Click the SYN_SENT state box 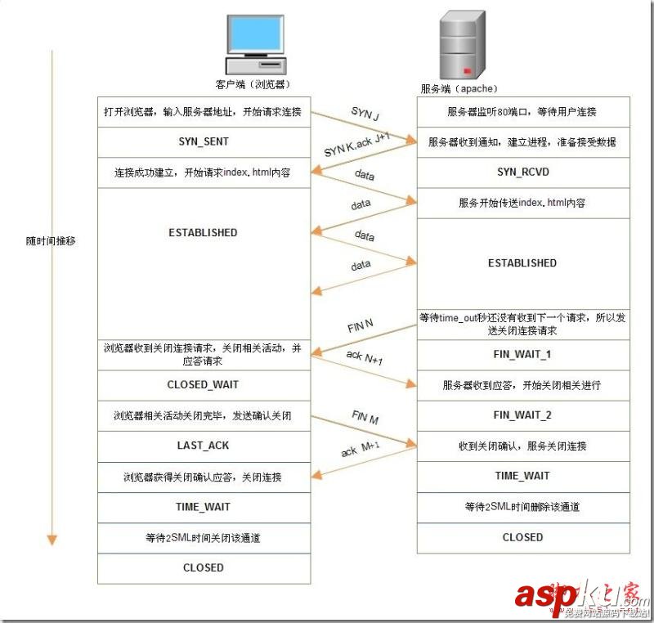click(204, 141)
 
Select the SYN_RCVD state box click(522, 173)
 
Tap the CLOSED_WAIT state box click(203, 384)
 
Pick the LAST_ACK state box click(203, 446)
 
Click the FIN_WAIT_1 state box click(523, 355)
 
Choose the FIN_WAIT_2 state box click(523, 415)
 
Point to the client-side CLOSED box click(204, 567)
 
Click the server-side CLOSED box click(522, 537)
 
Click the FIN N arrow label click(361, 325)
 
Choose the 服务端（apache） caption click(459, 88)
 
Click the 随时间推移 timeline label click(51, 242)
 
